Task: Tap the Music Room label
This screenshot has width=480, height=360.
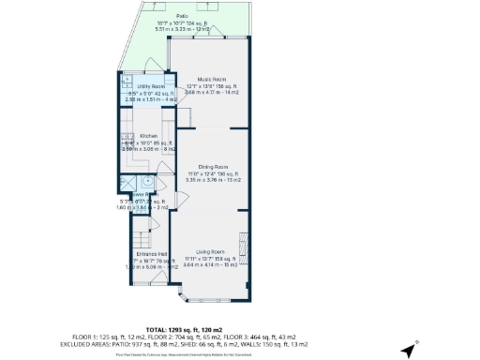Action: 211,80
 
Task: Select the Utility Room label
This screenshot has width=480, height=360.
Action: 144,85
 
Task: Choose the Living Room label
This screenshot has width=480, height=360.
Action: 211,252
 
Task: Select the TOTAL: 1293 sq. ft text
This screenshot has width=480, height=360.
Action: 239,322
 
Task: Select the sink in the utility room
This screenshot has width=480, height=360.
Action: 126,81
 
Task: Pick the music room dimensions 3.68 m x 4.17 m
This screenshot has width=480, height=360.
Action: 211,92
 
